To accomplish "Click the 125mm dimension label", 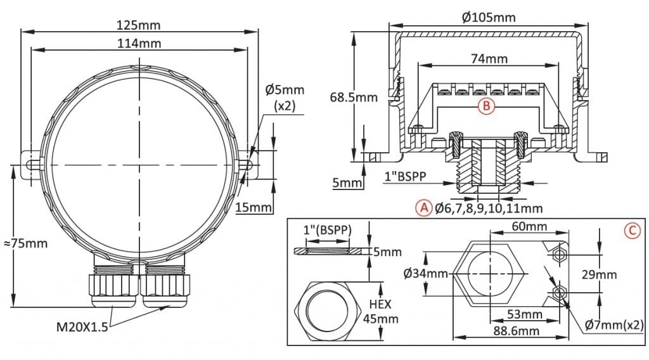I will [139, 25].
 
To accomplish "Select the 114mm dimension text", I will [139, 43].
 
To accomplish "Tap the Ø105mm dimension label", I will [489, 17].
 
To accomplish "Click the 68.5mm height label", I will [354, 97].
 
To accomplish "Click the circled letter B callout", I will [486, 106].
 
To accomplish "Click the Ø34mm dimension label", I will [425, 274].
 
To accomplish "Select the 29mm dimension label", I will [600, 274].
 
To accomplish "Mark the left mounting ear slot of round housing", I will [30, 163].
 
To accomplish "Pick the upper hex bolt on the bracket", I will [558, 254].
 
